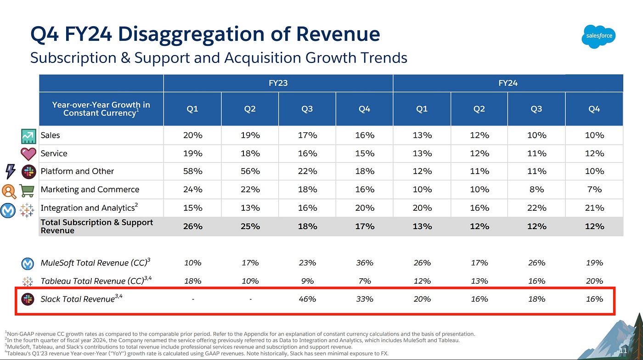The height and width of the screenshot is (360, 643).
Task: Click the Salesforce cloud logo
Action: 598,36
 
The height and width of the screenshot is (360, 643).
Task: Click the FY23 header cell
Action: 278,83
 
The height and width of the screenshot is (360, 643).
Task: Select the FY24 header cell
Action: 508,83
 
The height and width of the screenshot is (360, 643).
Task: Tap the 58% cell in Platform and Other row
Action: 192,171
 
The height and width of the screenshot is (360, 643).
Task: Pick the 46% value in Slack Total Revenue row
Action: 307,299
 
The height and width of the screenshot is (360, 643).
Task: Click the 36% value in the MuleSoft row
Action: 364,263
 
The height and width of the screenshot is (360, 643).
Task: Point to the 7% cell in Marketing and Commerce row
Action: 594,189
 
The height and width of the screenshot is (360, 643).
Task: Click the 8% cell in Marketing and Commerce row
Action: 536,189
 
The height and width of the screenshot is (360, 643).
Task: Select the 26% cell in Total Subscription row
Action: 192,226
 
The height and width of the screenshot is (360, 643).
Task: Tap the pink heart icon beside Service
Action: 28,154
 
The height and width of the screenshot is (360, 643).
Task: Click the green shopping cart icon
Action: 27,190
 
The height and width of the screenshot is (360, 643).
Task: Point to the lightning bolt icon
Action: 10,171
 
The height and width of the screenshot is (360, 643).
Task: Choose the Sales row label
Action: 50,135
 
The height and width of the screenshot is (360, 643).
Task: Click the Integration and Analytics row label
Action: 87,208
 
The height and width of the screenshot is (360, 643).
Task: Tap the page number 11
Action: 623,351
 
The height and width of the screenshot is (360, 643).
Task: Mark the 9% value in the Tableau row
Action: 307,281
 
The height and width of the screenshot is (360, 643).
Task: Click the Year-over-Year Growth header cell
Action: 101,109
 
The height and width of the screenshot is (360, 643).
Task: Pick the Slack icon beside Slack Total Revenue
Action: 28,299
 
